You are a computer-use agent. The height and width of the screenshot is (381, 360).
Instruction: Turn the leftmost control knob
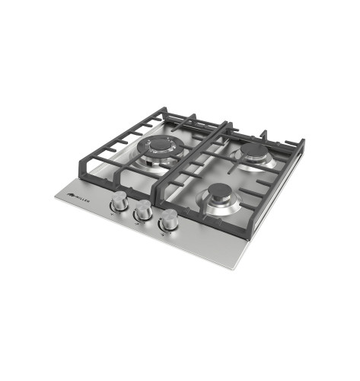tap(119, 202)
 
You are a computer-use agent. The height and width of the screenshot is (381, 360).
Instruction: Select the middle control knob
tap(142, 213)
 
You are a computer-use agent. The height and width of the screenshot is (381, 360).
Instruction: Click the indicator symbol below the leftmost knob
tap(112, 216)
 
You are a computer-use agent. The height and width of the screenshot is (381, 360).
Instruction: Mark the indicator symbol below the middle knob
tap(135, 225)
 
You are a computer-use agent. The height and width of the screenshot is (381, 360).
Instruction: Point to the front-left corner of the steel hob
tap(56, 197)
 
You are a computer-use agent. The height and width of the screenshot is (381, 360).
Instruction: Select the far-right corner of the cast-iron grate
tap(304, 142)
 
